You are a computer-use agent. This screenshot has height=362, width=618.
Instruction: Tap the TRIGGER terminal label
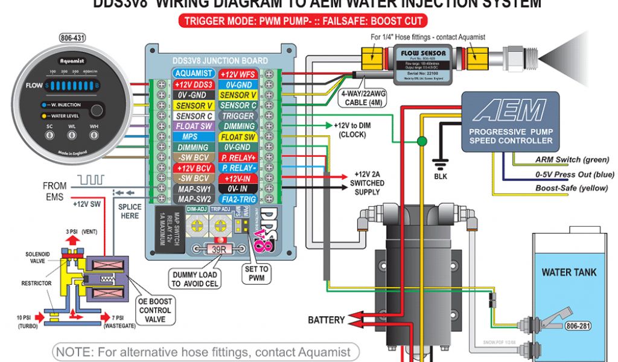(238, 116)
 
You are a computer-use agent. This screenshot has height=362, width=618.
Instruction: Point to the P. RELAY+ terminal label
(238, 158)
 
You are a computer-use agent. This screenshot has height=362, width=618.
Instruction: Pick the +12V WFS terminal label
(238, 74)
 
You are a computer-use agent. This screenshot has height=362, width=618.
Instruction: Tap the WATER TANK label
(569, 272)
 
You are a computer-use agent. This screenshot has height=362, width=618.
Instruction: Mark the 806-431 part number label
(72, 39)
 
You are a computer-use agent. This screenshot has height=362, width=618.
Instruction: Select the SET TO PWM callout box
(257, 273)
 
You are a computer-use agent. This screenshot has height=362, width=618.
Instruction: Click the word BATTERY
(327, 320)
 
